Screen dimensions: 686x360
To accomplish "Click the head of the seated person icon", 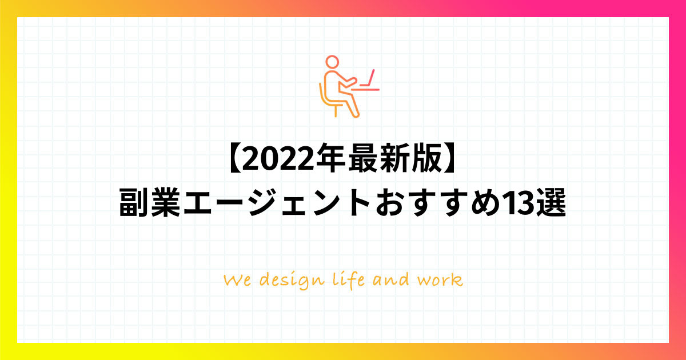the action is (332, 62).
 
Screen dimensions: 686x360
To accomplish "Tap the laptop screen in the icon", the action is (370, 78).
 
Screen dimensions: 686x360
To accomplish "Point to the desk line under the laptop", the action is (365, 90).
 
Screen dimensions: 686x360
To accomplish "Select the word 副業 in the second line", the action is (149, 203).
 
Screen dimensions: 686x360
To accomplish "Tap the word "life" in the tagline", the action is (349, 281).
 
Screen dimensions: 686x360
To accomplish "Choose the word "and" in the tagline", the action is (391, 279).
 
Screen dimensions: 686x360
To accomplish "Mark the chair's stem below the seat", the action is (336, 111).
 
